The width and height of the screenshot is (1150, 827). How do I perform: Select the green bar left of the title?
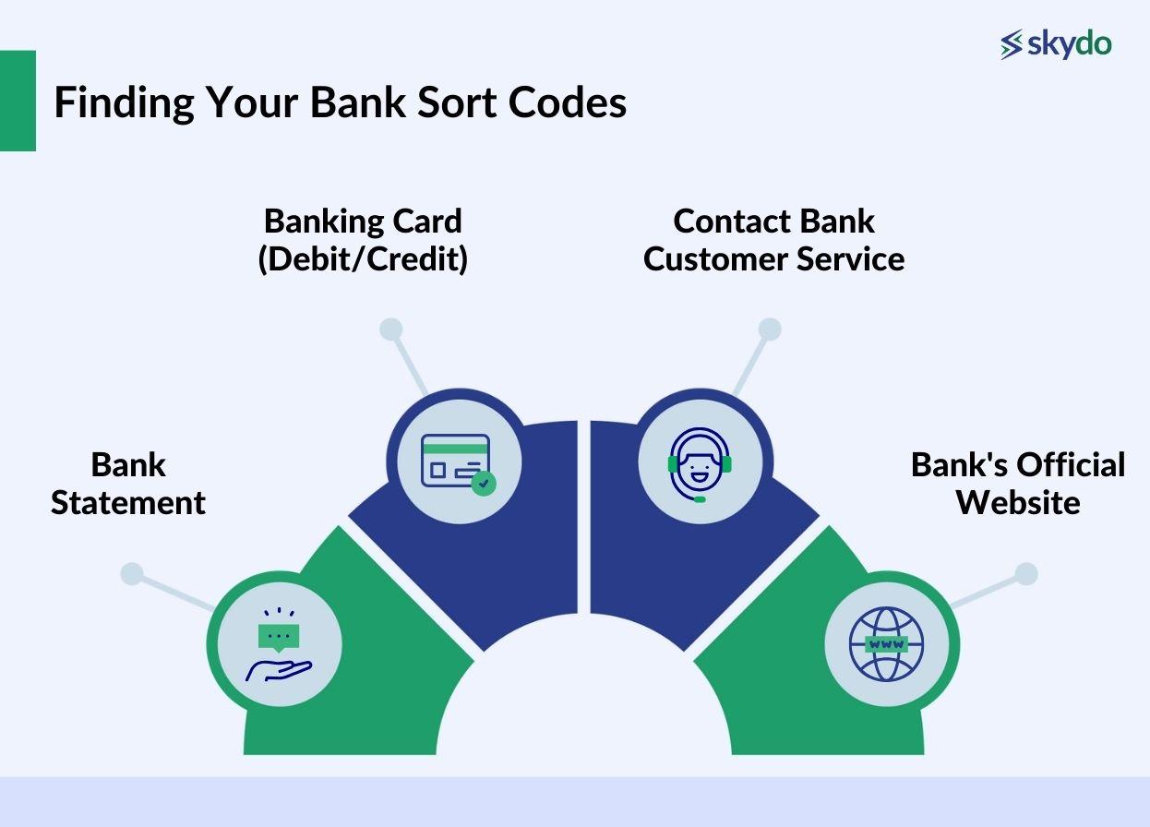pyautogui.click(x=18, y=101)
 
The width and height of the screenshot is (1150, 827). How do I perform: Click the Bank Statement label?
pyautogui.click(x=128, y=484)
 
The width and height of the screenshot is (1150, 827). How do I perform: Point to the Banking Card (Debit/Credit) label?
pyautogui.click(x=363, y=240)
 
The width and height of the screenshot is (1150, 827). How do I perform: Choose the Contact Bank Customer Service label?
pyautogui.click(x=773, y=240)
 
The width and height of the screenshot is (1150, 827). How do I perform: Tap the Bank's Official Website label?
pyautogui.click(x=1018, y=484)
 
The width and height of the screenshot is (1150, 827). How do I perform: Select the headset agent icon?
pyautogui.click(x=700, y=463)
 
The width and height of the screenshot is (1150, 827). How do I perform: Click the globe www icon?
pyautogui.click(x=886, y=643)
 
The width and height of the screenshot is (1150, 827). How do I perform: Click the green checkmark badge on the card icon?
pyautogui.click(x=483, y=483)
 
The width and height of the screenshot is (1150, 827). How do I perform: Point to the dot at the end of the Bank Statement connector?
pyautogui.click(x=132, y=574)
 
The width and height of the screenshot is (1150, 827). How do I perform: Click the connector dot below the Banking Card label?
pyautogui.click(x=391, y=330)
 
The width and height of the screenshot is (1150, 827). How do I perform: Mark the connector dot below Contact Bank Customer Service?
pyautogui.click(x=770, y=330)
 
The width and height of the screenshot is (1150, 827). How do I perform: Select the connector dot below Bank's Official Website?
pyautogui.click(x=1026, y=574)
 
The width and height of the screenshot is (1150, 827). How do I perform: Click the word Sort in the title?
pyautogui.click(x=450, y=102)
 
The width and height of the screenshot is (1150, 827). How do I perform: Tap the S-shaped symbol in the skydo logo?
pyautogui.click(x=1012, y=44)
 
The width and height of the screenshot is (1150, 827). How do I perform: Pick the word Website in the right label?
pyautogui.click(x=1018, y=503)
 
